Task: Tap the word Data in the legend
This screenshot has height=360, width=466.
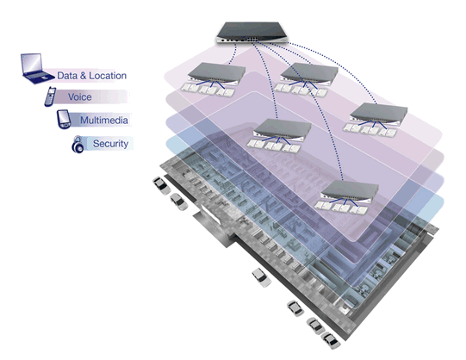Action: point(67,76)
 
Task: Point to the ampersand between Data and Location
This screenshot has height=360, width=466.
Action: point(83,76)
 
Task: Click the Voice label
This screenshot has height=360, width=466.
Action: point(79,97)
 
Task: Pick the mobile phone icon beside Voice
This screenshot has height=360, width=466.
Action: point(50,96)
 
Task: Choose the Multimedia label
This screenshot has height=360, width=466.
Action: point(104,121)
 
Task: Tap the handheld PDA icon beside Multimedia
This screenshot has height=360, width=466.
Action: point(64,119)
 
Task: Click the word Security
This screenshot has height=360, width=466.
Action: point(110,144)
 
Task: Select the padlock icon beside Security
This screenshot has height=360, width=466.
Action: point(78,145)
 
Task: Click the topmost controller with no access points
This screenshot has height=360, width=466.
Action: point(252,33)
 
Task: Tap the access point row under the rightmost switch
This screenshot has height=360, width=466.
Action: point(370,130)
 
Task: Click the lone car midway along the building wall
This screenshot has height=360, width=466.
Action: point(261,277)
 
